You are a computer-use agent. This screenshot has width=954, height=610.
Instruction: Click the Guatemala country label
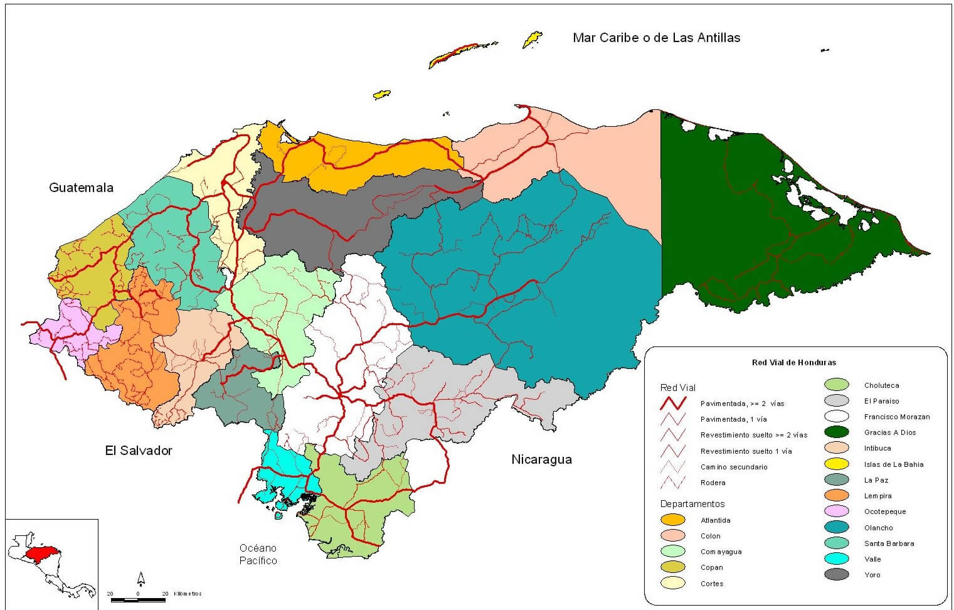81,188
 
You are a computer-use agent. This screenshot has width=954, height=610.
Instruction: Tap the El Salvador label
138,451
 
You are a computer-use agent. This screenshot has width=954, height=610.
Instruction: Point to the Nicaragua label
541,459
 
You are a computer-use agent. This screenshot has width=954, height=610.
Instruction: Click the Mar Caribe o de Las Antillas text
656,38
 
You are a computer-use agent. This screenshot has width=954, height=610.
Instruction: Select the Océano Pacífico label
258,554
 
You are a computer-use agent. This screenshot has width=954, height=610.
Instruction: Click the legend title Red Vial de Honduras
793,362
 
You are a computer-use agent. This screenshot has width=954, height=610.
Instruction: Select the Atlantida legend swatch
673,520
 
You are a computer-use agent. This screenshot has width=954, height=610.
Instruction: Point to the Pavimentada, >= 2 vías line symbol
672,403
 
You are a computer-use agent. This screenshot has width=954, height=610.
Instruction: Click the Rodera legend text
713,483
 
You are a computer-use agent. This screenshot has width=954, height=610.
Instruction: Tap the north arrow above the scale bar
141,579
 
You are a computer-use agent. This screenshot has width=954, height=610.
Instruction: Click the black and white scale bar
137,600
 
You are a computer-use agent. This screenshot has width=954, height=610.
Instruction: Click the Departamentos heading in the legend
692,504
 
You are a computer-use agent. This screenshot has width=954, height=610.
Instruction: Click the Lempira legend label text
877,496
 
